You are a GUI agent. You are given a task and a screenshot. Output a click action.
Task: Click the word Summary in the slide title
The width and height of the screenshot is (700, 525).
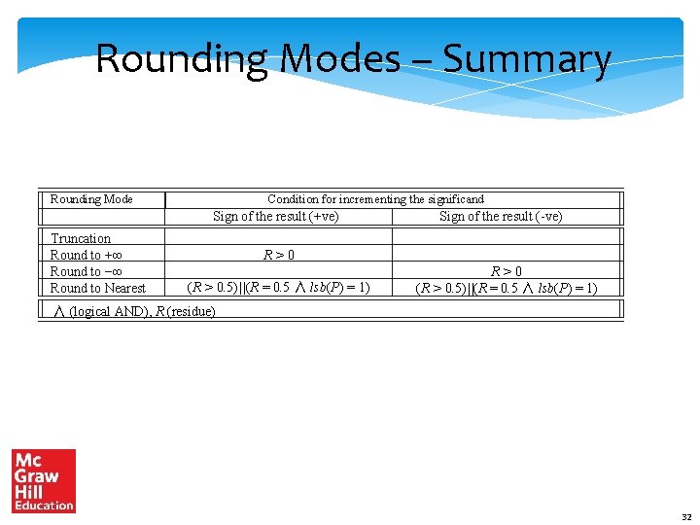pos(527,60)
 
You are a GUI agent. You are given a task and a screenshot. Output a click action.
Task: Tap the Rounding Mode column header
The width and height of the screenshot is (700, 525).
pos(91,199)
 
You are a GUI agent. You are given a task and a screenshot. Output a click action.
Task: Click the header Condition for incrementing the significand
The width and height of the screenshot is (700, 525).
pos(375,199)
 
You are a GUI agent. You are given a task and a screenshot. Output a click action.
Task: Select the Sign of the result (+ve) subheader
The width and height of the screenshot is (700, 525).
pos(276,216)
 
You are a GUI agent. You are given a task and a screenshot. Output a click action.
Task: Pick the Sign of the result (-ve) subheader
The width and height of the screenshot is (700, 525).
pos(501,216)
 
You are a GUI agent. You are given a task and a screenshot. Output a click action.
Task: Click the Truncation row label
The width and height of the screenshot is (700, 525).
pos(81,238)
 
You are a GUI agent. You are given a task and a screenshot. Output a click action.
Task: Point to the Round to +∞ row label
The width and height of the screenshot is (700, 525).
pos(85,255)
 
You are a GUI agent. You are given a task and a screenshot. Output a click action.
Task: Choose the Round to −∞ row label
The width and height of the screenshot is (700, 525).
pos(85,271)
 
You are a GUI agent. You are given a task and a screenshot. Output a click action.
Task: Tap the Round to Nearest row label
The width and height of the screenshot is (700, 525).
pos(97,288)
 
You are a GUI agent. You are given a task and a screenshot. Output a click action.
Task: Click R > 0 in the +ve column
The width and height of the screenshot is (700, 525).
pos(279,255)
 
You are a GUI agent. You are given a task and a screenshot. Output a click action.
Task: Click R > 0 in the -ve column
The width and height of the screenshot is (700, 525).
pos(507,271)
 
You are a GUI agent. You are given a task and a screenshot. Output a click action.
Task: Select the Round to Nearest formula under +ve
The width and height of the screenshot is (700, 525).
pos(279,288)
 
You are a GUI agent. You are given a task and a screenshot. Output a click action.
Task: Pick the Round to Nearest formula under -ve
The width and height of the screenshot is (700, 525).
pos(507,288)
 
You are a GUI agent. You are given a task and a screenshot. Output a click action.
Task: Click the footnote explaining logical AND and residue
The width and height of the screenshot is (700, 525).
pos(134,311)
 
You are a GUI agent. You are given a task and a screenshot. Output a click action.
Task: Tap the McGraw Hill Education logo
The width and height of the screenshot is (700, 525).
pos(43,480)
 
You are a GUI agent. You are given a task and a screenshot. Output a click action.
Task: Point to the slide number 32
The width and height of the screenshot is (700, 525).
pos(686,517)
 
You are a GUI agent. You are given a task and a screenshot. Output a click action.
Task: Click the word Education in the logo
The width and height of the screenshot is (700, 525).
pos(44,505)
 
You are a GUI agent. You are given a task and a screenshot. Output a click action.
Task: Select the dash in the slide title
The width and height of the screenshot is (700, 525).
pos(423,62)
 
